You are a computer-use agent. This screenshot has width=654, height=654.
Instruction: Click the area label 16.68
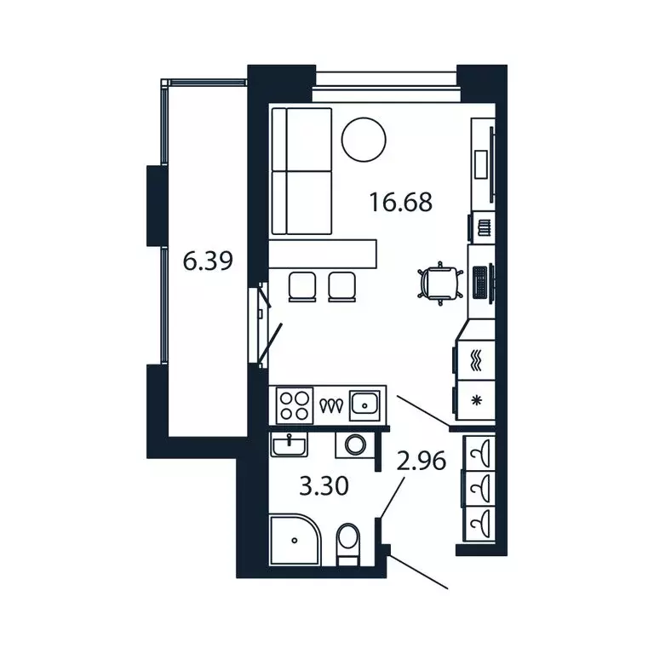coord(400,203)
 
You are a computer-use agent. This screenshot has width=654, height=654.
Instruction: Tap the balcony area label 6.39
coord(208,261)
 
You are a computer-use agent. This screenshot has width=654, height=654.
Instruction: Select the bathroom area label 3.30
coord(324,486)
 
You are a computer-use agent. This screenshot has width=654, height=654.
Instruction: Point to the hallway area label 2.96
coord(421,461)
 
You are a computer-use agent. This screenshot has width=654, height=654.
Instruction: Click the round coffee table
coord(364,140)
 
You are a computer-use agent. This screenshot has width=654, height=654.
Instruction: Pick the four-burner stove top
coord(295,406)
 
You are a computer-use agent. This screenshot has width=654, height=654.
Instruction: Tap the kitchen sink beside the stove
coord(364,405)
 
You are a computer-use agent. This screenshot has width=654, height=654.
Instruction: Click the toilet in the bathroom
coord(348,544)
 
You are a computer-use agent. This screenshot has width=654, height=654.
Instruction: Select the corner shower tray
coord(295,540)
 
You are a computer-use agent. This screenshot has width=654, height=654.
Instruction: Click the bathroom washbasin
coord(289,445)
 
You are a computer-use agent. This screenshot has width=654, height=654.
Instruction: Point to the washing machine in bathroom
coord(355,445)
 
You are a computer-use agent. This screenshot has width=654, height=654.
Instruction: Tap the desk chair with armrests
coord(440,284)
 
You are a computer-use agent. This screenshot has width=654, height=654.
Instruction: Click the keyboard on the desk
coord(480,282)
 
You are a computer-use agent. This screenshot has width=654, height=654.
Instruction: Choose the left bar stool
coord(302,287)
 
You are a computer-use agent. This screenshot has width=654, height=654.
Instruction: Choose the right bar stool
coord(342,287)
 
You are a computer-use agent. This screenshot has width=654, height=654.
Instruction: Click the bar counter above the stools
coord(323,254)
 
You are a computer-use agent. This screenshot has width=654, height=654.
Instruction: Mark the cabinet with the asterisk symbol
coord(475,400)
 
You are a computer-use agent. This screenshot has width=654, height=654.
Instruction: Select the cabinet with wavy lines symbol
coord(475,360)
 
